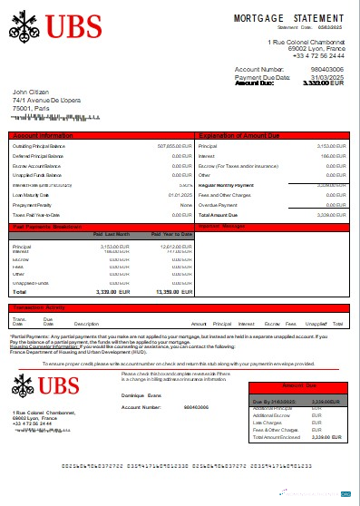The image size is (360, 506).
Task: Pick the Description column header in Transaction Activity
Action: click(x=86, y=323)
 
